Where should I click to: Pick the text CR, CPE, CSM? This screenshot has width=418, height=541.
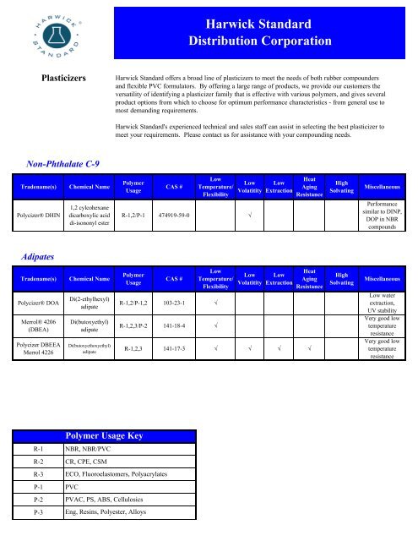click(x=90, y=466)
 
